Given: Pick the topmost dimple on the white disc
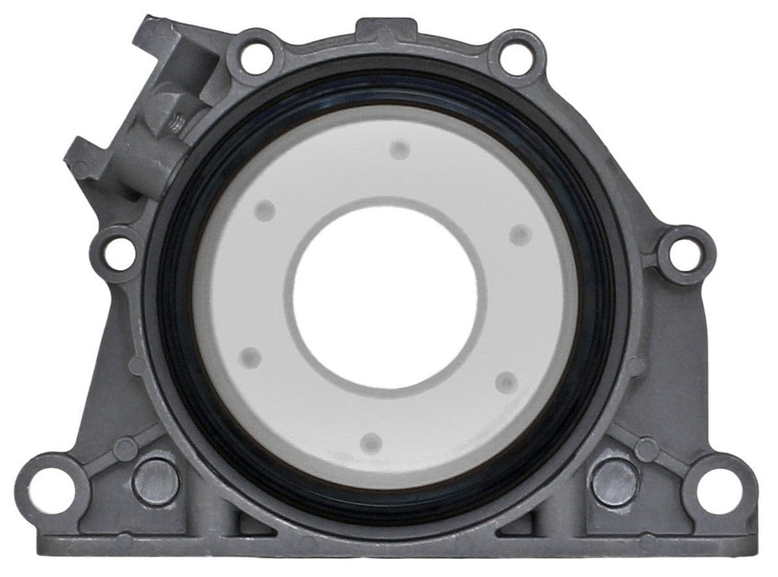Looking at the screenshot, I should (x=399, y=150).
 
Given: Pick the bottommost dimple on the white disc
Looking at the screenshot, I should (x=370, y=441).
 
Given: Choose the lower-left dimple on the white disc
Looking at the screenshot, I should (x=249, y=358).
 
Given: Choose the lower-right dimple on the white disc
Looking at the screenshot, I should (x=506, y=382).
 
